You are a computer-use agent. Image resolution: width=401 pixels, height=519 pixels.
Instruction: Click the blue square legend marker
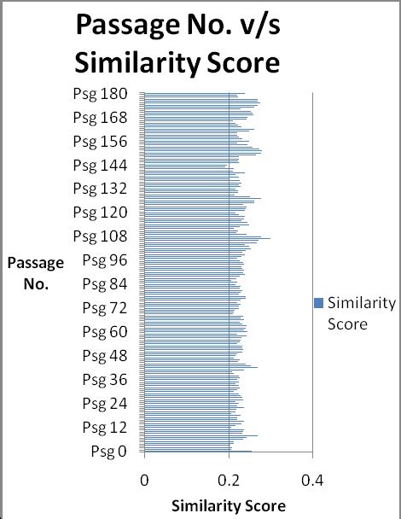[x=319, y=303]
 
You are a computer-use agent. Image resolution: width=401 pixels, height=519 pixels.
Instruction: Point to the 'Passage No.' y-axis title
[x=36, y=273]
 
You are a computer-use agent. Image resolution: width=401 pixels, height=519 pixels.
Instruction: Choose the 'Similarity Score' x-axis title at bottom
[x=229, y=504]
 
